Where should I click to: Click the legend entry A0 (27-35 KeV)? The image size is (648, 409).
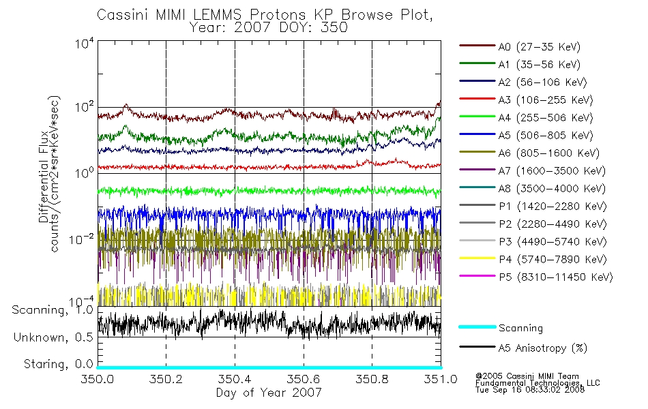coord(539,47)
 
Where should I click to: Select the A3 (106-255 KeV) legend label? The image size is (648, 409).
coord(546,100)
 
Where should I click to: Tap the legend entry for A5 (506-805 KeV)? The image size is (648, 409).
coord(546,136)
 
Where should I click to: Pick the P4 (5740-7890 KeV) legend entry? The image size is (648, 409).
coord(553,260)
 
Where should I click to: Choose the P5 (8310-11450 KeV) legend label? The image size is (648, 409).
coord(555,277)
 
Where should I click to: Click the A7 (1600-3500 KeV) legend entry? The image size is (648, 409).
coord(552,171)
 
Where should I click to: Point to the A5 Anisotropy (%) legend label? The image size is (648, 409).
coord(543,348)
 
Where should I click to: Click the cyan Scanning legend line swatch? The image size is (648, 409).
coord(477,327)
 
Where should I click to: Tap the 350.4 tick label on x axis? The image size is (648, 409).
coord(235,379)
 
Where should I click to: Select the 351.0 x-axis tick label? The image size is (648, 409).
coord(441,379)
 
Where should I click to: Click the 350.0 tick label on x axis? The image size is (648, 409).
coord(97,379)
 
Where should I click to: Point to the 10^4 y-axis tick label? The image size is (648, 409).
coord(85,44)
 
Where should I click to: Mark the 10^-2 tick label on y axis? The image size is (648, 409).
coord(81,239)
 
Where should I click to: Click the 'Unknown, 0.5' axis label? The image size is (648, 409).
coord(53,337)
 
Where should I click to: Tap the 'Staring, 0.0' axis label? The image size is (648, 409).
coord(58,364)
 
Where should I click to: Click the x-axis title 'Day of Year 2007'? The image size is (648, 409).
coord(269,393)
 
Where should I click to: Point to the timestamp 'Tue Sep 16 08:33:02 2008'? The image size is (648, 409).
coord(530,390)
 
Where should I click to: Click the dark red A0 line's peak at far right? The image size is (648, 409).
coord(440,101)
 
